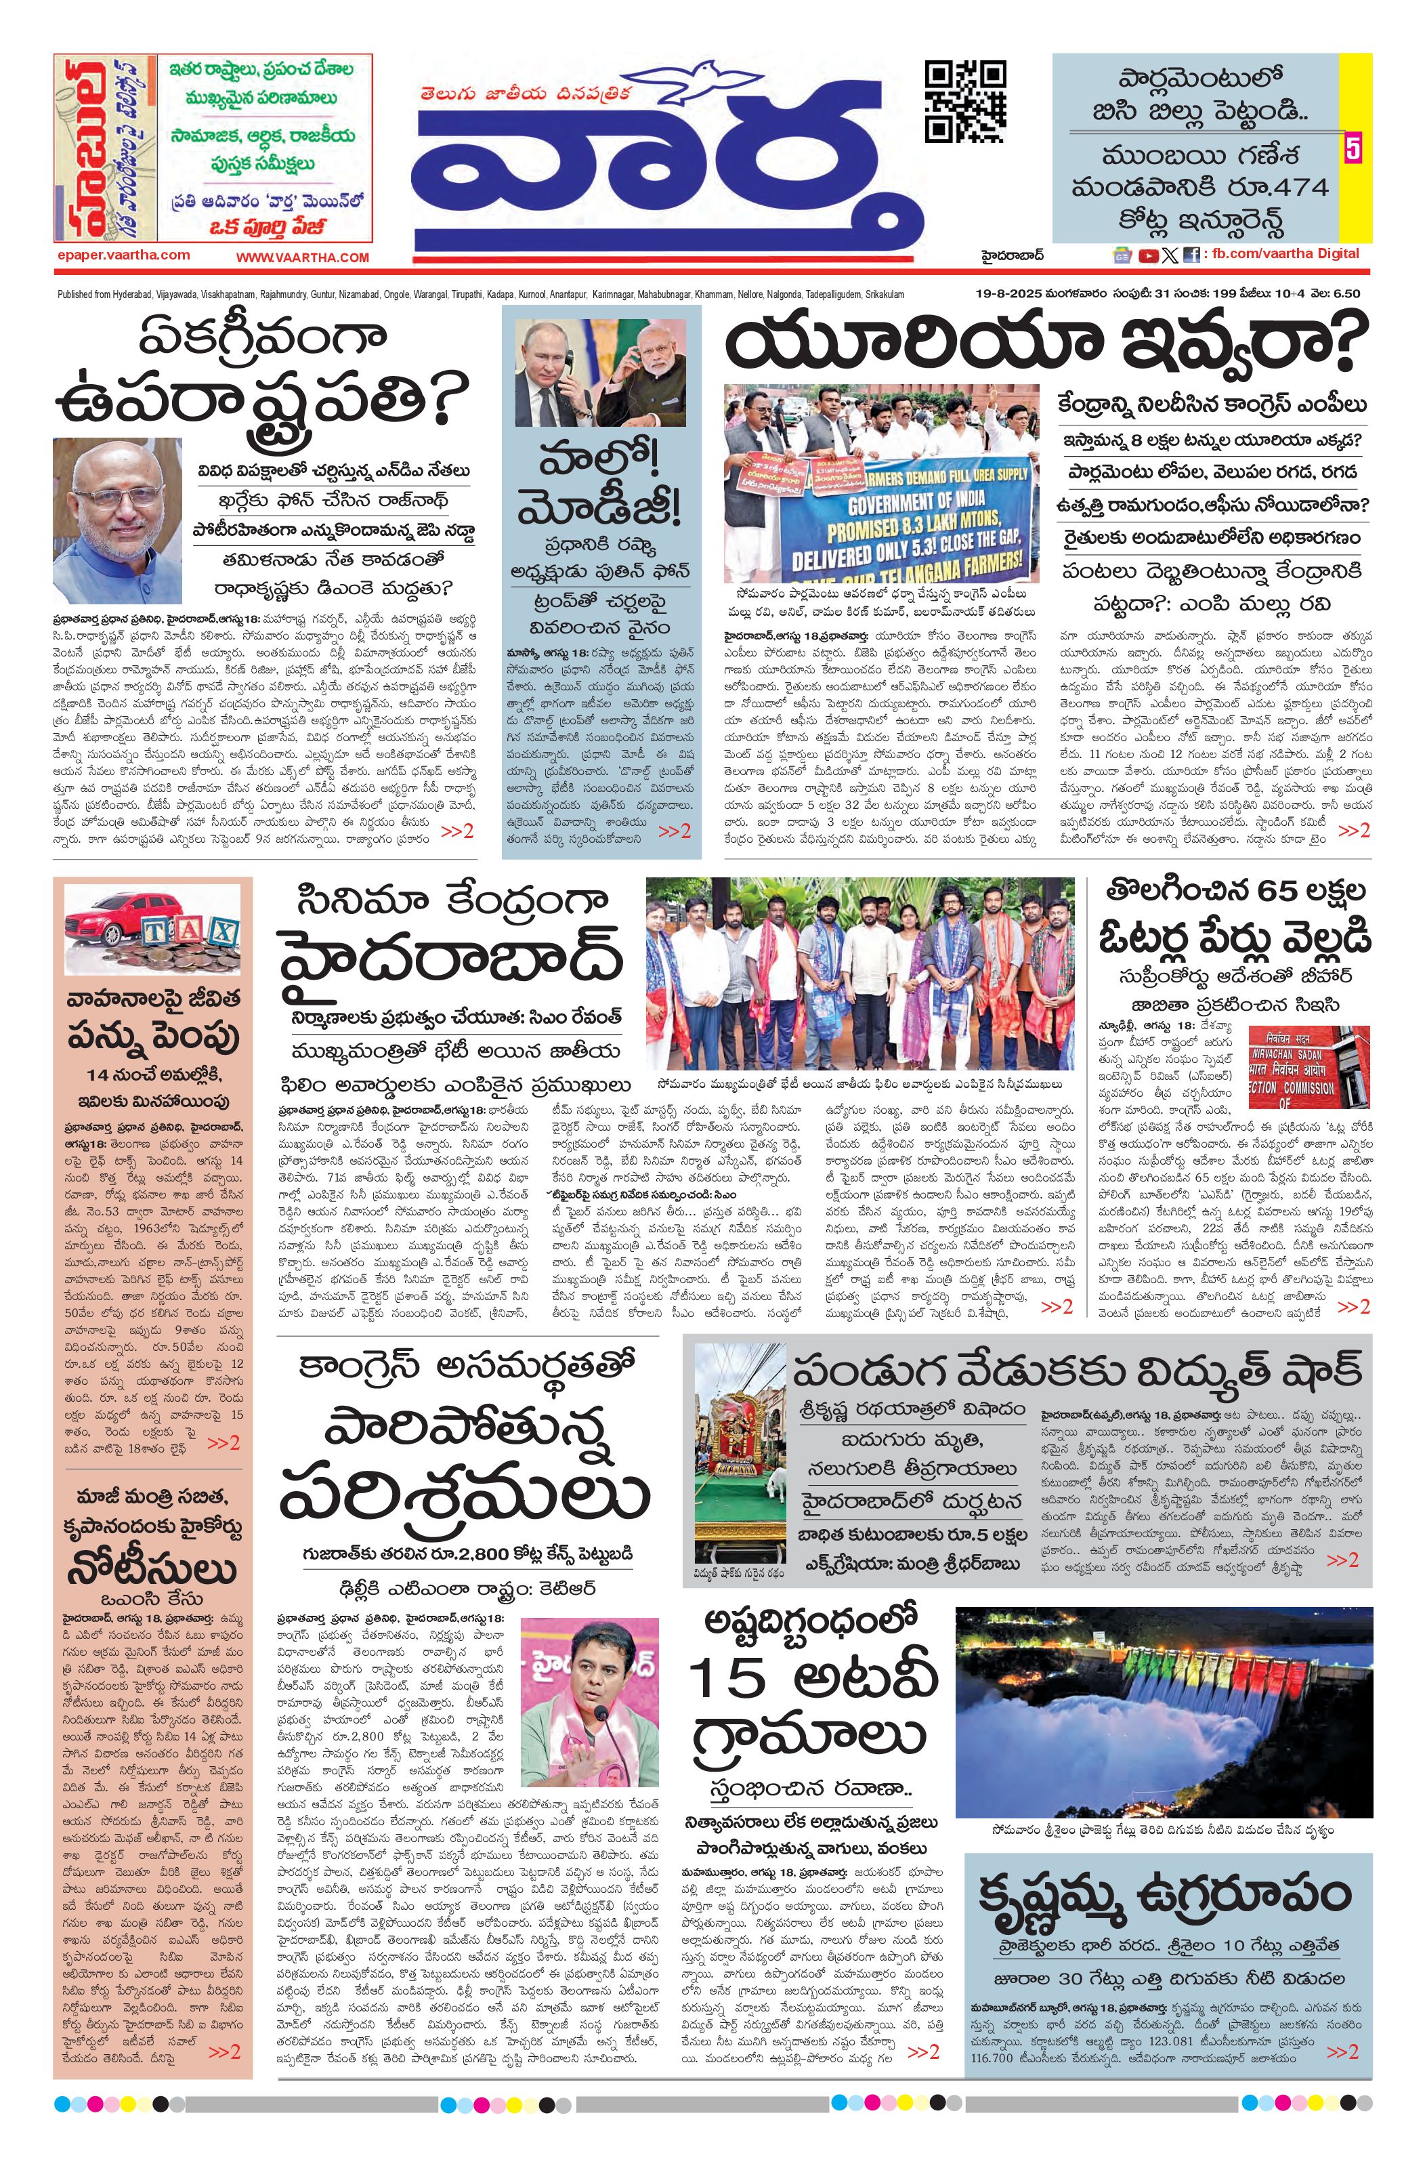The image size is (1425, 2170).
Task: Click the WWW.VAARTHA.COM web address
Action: point(303,258)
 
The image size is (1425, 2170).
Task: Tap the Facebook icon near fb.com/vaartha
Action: point(1191,256)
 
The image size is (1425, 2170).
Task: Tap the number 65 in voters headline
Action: point(1272,890)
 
